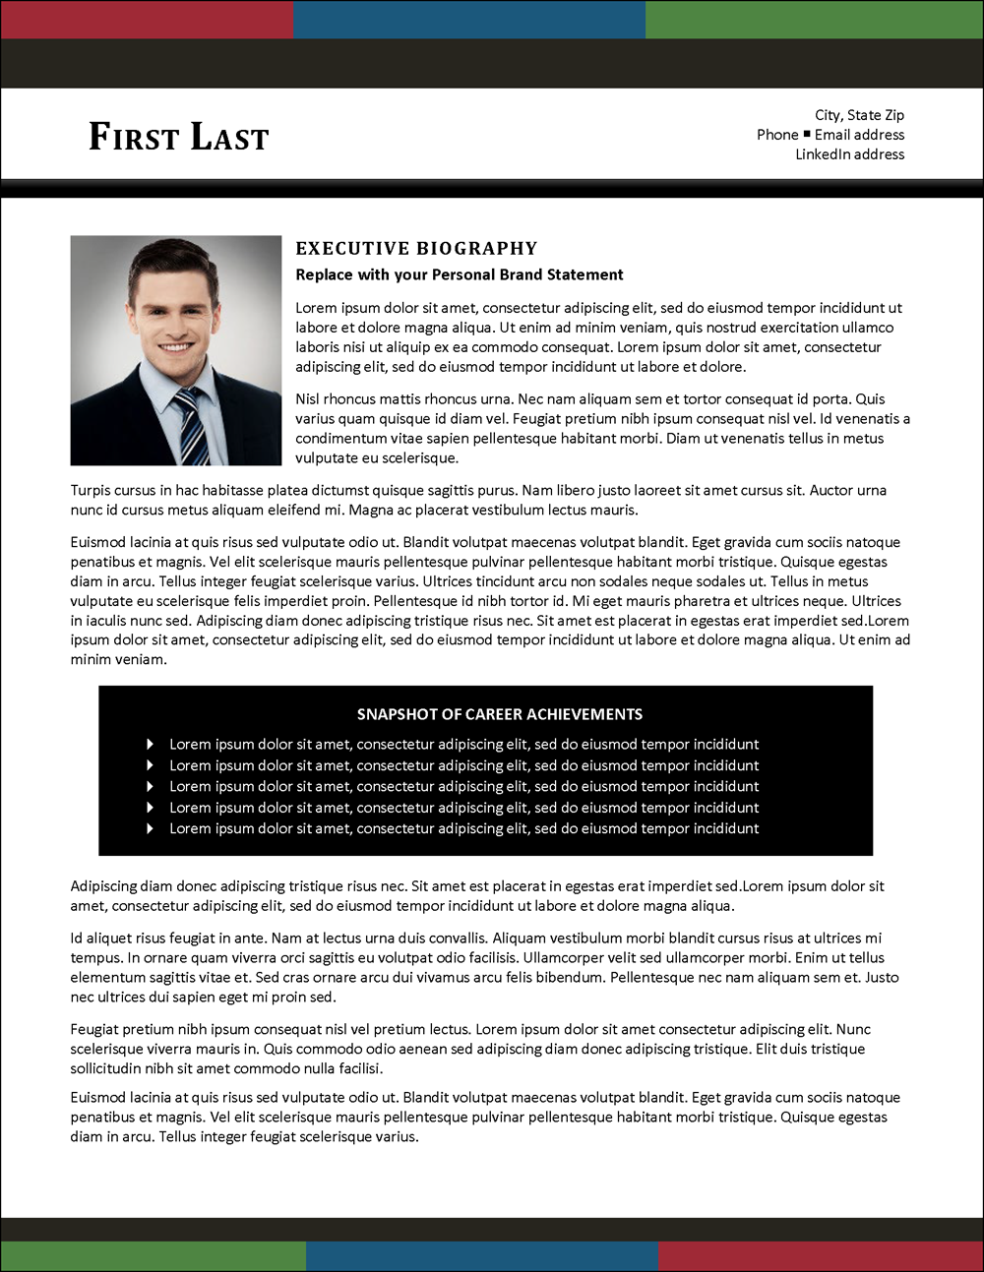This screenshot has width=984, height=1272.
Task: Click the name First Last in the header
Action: pos(178,137)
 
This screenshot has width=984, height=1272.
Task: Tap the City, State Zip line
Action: pos(859,115)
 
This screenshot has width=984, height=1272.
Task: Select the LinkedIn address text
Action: pos(849,154)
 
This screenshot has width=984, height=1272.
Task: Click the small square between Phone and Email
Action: pos(807,134)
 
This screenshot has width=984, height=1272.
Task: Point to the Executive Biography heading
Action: pos(416,249)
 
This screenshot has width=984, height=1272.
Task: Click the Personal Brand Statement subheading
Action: pos(460,274)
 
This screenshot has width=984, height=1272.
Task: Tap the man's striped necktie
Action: pos(191,425)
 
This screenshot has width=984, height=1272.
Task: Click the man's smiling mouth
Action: pos(175,347)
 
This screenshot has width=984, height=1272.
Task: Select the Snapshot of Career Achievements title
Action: pos(499,714)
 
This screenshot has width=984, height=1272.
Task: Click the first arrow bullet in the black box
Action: pos(150,745)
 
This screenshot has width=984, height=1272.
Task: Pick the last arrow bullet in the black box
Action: pos(150,828)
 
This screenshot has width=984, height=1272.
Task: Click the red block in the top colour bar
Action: pos(147,20)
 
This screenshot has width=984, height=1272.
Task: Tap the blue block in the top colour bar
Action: pos(469,20)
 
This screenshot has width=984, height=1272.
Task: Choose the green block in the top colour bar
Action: pos(814,20)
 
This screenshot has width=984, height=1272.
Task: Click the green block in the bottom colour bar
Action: pos(154,1255)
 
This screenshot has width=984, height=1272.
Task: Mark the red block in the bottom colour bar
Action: pos(821,1255)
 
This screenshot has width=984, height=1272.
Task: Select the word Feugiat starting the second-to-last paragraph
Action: pos(95,1029)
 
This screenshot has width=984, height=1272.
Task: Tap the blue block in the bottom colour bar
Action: pos(482,1255)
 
